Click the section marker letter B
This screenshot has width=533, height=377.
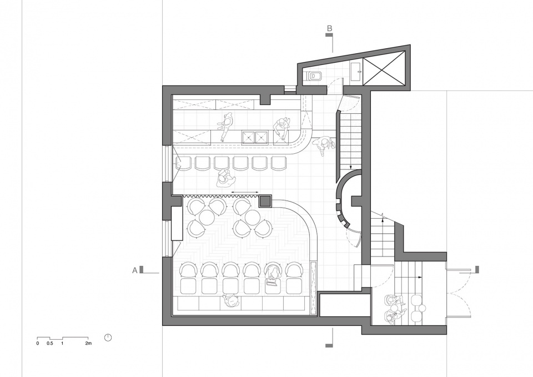click(x=329, y=28)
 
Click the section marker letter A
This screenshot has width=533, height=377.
click(x=135, y=270)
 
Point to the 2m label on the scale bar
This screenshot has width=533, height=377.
click(x=88, y=343)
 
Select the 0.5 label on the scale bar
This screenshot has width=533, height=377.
click(x=50, y=343)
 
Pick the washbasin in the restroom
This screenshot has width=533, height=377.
click(x=355, y=72)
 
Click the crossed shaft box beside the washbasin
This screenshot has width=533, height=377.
click(x=384, y=72)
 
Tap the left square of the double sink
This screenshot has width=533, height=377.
click(x=248, y=137)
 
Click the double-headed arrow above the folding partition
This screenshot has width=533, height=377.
click(x=244, y=193)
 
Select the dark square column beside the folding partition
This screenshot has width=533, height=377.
click(x=265, y=201)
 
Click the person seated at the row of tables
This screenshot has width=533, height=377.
click(x=272, y=275)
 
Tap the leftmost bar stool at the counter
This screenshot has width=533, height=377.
click(x=184, y=163)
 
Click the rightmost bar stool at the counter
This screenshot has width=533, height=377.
click(x=279, y=163)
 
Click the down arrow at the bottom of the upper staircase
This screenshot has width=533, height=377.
click(x=350, y=167)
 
